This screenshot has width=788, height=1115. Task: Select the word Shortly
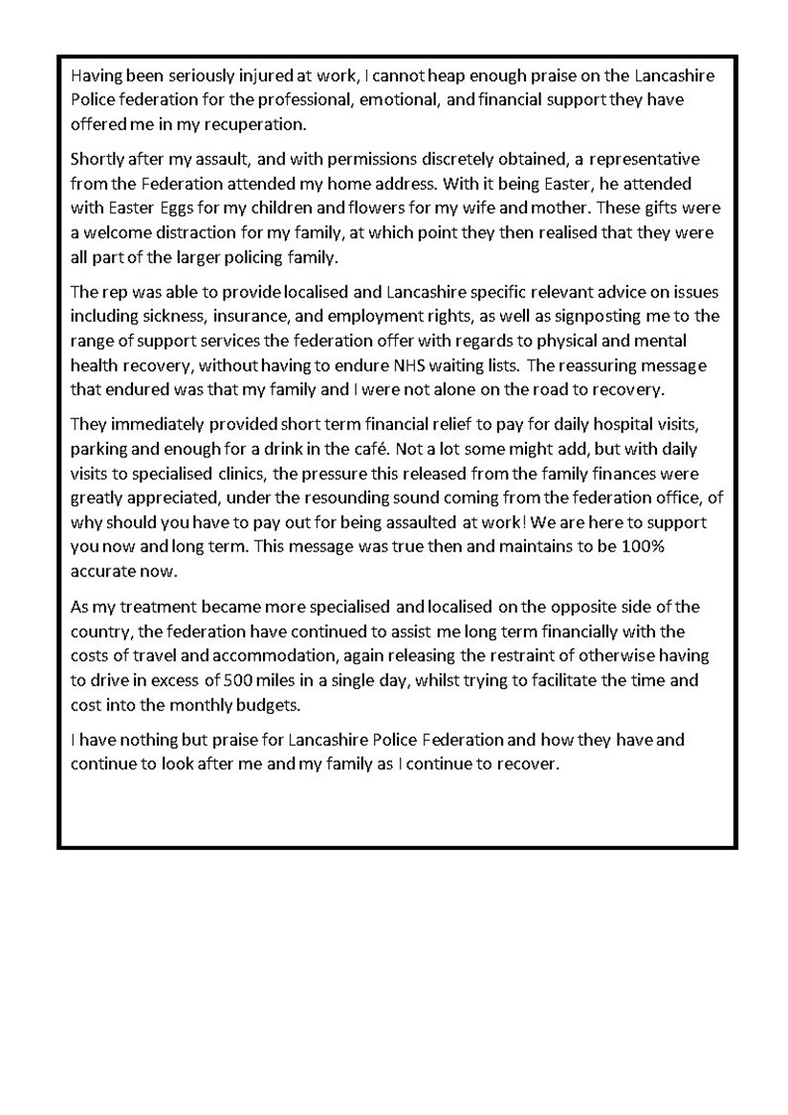pyautogui.click(x=98, y=158)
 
